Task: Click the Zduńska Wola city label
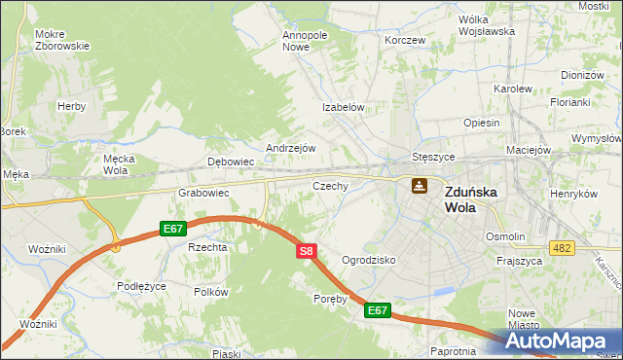coord(470,199)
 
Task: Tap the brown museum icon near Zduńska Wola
coord(419,185)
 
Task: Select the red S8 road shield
coord(306,251)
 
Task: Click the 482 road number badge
coord(561,249)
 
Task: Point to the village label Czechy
coord(330,185)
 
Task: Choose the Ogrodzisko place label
coord(369,261)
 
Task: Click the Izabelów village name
coord(344,108)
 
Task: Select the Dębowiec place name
coord(231,162)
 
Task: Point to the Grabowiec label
coord(202,193)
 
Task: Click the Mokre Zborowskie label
coord(62,40)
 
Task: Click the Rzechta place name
coord(207,247)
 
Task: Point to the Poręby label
coord(330,299)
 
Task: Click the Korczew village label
coord(405,41)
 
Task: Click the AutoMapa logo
coord(559,342)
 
